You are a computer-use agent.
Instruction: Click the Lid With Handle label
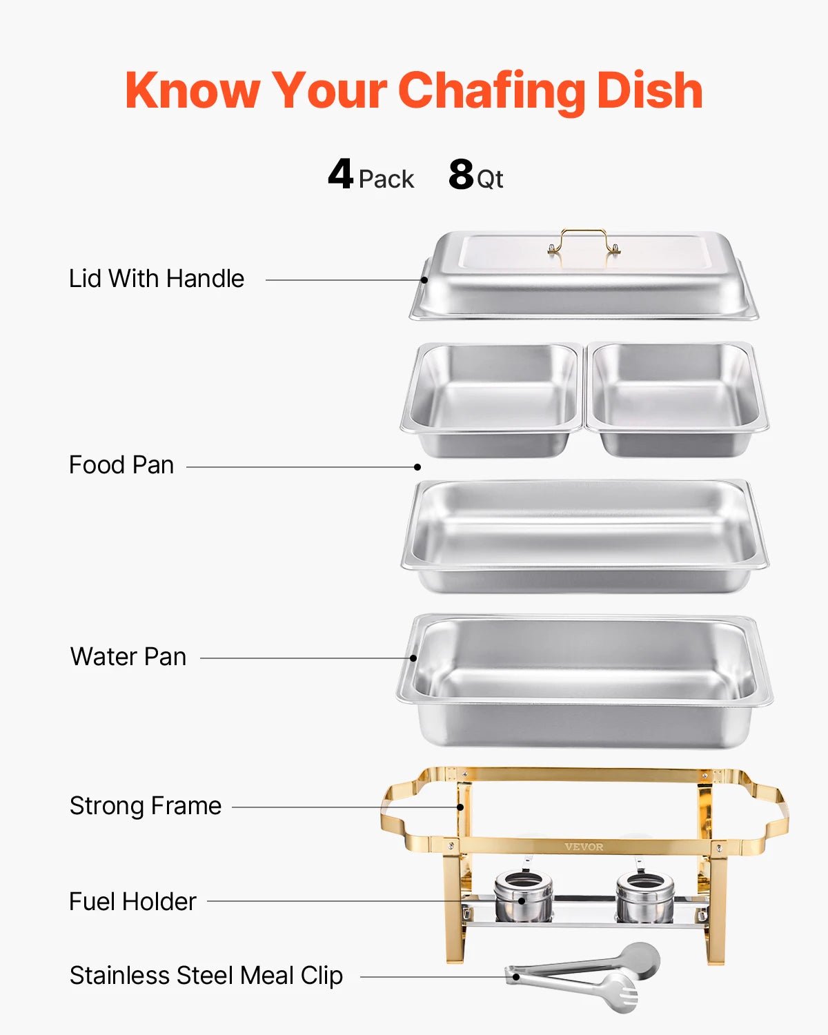point(157,279)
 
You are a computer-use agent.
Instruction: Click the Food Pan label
point(121,465)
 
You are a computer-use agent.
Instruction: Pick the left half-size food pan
point(493,399)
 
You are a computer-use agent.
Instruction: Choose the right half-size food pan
point(676,399)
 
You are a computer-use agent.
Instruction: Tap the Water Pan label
point(128,657)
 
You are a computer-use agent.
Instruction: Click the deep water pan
point(584,680)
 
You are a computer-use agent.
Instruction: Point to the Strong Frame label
point(146,806)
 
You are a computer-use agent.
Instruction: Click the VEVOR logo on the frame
point(584,847)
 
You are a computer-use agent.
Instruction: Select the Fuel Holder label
point(132,902)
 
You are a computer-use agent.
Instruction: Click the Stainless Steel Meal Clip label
point(206,976)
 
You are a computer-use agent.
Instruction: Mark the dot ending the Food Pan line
point(417,467)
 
